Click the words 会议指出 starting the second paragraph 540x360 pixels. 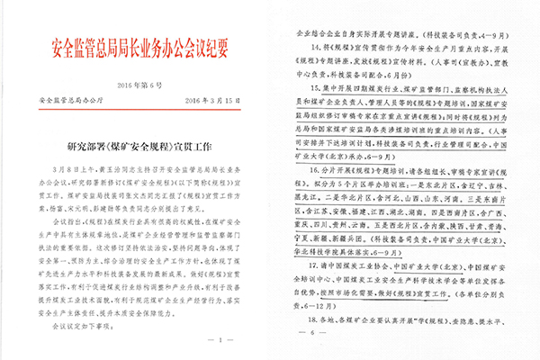(73, 219)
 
